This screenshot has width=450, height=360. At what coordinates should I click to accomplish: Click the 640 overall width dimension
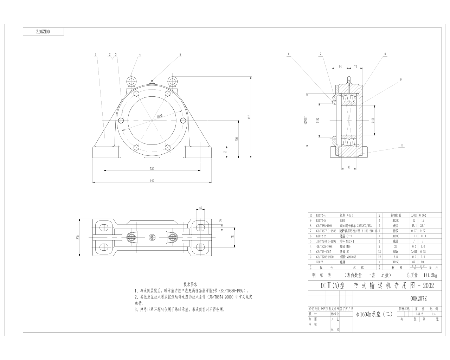click(152, 180)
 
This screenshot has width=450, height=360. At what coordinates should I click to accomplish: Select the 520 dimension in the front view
click(152, 169)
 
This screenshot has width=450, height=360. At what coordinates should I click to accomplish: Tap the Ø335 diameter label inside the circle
click(160, 116)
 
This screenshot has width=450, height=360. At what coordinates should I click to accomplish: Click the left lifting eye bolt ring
click(131, 82)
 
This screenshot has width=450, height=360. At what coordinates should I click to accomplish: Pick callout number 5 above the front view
click(180, 54)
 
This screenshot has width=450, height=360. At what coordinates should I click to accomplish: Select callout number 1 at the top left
click(95, 54)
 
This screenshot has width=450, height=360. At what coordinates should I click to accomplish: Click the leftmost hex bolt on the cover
click(121, 121)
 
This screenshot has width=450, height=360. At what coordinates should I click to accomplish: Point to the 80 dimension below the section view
click(349, 167)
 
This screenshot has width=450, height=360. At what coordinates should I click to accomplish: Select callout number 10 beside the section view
click(401, 145)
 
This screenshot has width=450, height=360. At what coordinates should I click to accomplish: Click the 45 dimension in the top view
click(200, 208)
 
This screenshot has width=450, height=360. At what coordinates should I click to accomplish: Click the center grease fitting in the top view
click(152, 237)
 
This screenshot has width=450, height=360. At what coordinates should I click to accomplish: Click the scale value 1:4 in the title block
click(433, 314)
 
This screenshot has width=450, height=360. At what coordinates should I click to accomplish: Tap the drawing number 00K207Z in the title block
click(418, 298)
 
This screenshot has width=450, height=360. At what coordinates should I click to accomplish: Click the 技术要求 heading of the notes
click(191, 284)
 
